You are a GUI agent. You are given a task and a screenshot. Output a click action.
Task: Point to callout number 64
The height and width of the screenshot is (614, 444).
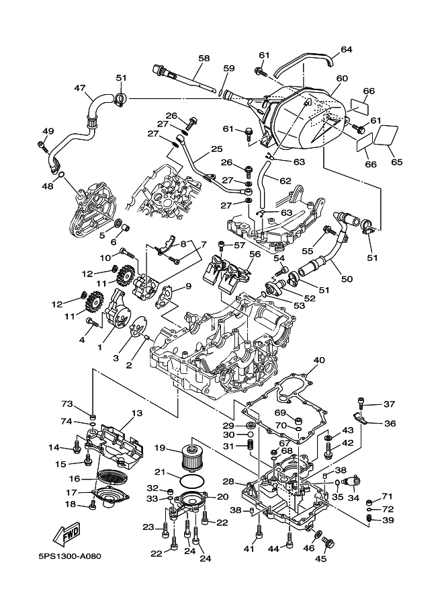pos(347,49)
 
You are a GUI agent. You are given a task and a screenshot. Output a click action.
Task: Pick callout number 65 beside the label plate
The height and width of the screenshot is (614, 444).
pos(396,162)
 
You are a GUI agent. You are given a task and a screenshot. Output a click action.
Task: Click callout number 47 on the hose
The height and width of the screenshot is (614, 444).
pos(79,88)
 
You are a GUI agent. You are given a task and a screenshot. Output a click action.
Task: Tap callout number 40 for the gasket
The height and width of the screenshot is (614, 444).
pos(318,360)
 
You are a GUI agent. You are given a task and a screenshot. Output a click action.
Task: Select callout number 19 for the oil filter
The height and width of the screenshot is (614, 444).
pos(161,447)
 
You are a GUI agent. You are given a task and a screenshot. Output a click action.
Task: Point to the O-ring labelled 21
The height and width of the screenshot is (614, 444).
pos(193,481)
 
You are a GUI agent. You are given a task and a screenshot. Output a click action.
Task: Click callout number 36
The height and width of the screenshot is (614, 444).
pos(390,423)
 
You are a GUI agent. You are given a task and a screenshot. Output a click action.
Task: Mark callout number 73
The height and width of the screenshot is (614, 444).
pos(85,404)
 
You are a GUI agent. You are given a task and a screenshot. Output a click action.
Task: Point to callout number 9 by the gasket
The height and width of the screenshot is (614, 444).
pos(188,286)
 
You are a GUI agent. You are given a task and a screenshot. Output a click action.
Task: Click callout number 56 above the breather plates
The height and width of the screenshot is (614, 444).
pos(255,254)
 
